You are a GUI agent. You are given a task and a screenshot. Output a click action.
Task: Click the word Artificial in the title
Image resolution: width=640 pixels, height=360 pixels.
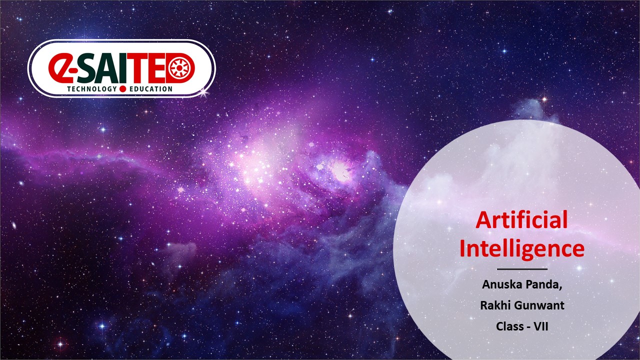point(521,219)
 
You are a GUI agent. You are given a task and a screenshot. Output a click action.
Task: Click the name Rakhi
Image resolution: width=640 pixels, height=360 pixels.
point(493,305)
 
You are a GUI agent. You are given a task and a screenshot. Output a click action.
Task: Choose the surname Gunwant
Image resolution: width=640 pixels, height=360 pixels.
point(537,305)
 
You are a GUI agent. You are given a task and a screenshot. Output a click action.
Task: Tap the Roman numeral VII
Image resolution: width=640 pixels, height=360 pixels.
point(541,326)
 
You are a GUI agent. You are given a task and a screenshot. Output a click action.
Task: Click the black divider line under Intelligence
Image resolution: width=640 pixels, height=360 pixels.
point(522,269)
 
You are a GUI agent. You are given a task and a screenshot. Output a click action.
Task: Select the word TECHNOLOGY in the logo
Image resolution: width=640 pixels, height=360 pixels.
point(92,89)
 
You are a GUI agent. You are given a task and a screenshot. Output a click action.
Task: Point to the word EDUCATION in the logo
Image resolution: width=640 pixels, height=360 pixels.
point(151,89)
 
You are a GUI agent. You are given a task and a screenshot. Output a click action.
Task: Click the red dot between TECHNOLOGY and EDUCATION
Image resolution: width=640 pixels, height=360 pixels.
point(123,89)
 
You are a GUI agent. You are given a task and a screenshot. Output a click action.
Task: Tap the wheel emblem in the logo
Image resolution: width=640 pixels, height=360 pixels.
point(179,68)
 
